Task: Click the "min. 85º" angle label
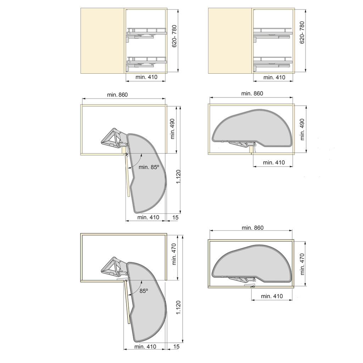[149, 167]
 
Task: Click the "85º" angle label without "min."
[144, 291]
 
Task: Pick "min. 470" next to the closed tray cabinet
[302, 264]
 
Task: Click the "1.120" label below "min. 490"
[179, 176]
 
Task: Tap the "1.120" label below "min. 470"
[179, 307]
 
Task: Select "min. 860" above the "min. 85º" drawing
[117, 95]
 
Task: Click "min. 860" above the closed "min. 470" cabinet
[252, 228]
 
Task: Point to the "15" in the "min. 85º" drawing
[175, 217]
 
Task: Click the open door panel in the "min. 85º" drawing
[127, 175]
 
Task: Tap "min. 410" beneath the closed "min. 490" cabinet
[274, 163]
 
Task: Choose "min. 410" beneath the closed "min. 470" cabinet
[272, 296]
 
